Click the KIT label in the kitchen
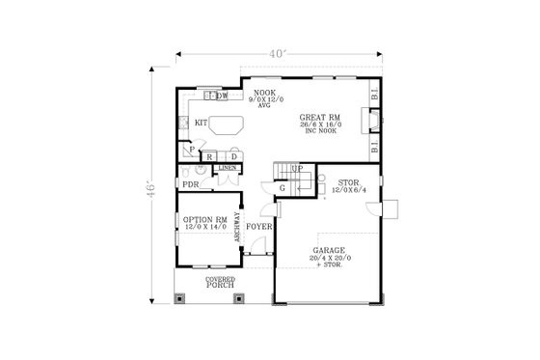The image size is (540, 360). point(201,123)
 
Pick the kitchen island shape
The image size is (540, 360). point(229,125)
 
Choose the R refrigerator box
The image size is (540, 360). point(210,156)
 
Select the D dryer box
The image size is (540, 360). point(233,156)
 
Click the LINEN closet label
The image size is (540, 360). point(228,169)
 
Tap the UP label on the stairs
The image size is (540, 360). point(297,170)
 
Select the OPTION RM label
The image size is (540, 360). point(204,220)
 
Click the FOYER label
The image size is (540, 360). point(257,228)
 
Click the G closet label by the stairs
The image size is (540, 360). point(283,187)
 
